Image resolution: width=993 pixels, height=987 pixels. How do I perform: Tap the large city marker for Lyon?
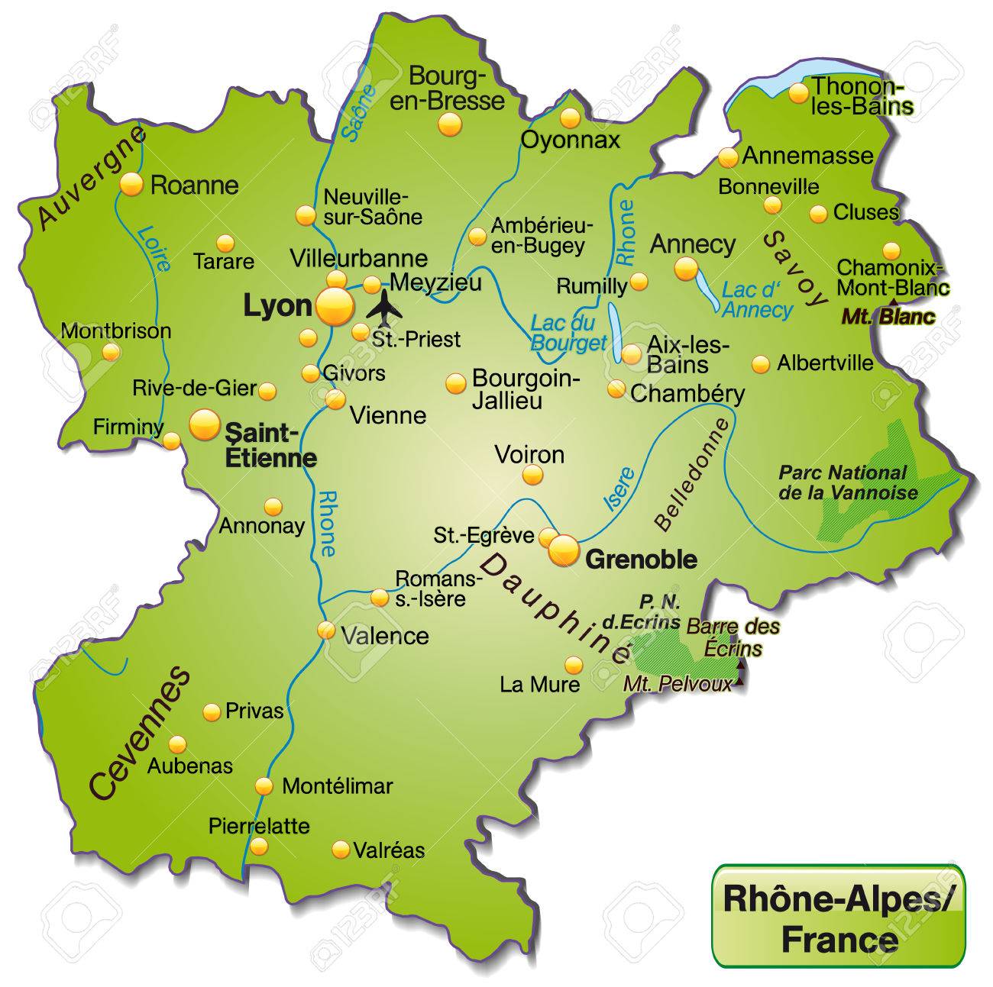pyautogui.click(x=335, y=307)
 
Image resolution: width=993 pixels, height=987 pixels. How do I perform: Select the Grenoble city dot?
pyautogui.click(x=564, y=550)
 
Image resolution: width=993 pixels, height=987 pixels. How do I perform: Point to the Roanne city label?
pyautogui.click(x=195, y=185)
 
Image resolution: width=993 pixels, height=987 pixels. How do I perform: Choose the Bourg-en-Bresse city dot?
pyautogui.click(x=451, y=124)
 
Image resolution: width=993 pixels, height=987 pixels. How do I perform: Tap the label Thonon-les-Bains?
pyautogui.click(x=862, y=95)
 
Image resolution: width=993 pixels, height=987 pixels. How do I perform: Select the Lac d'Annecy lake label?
pyautogui.click(x=758, y=300)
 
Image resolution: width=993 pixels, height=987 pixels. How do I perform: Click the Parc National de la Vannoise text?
pyautogui.click(x=847, y=482)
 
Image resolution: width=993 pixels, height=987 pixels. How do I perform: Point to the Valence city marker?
pyautogui.click(x=326, y=631)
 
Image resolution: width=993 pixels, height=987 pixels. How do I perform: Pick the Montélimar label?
pyautogui.click(x=337, y=785)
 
